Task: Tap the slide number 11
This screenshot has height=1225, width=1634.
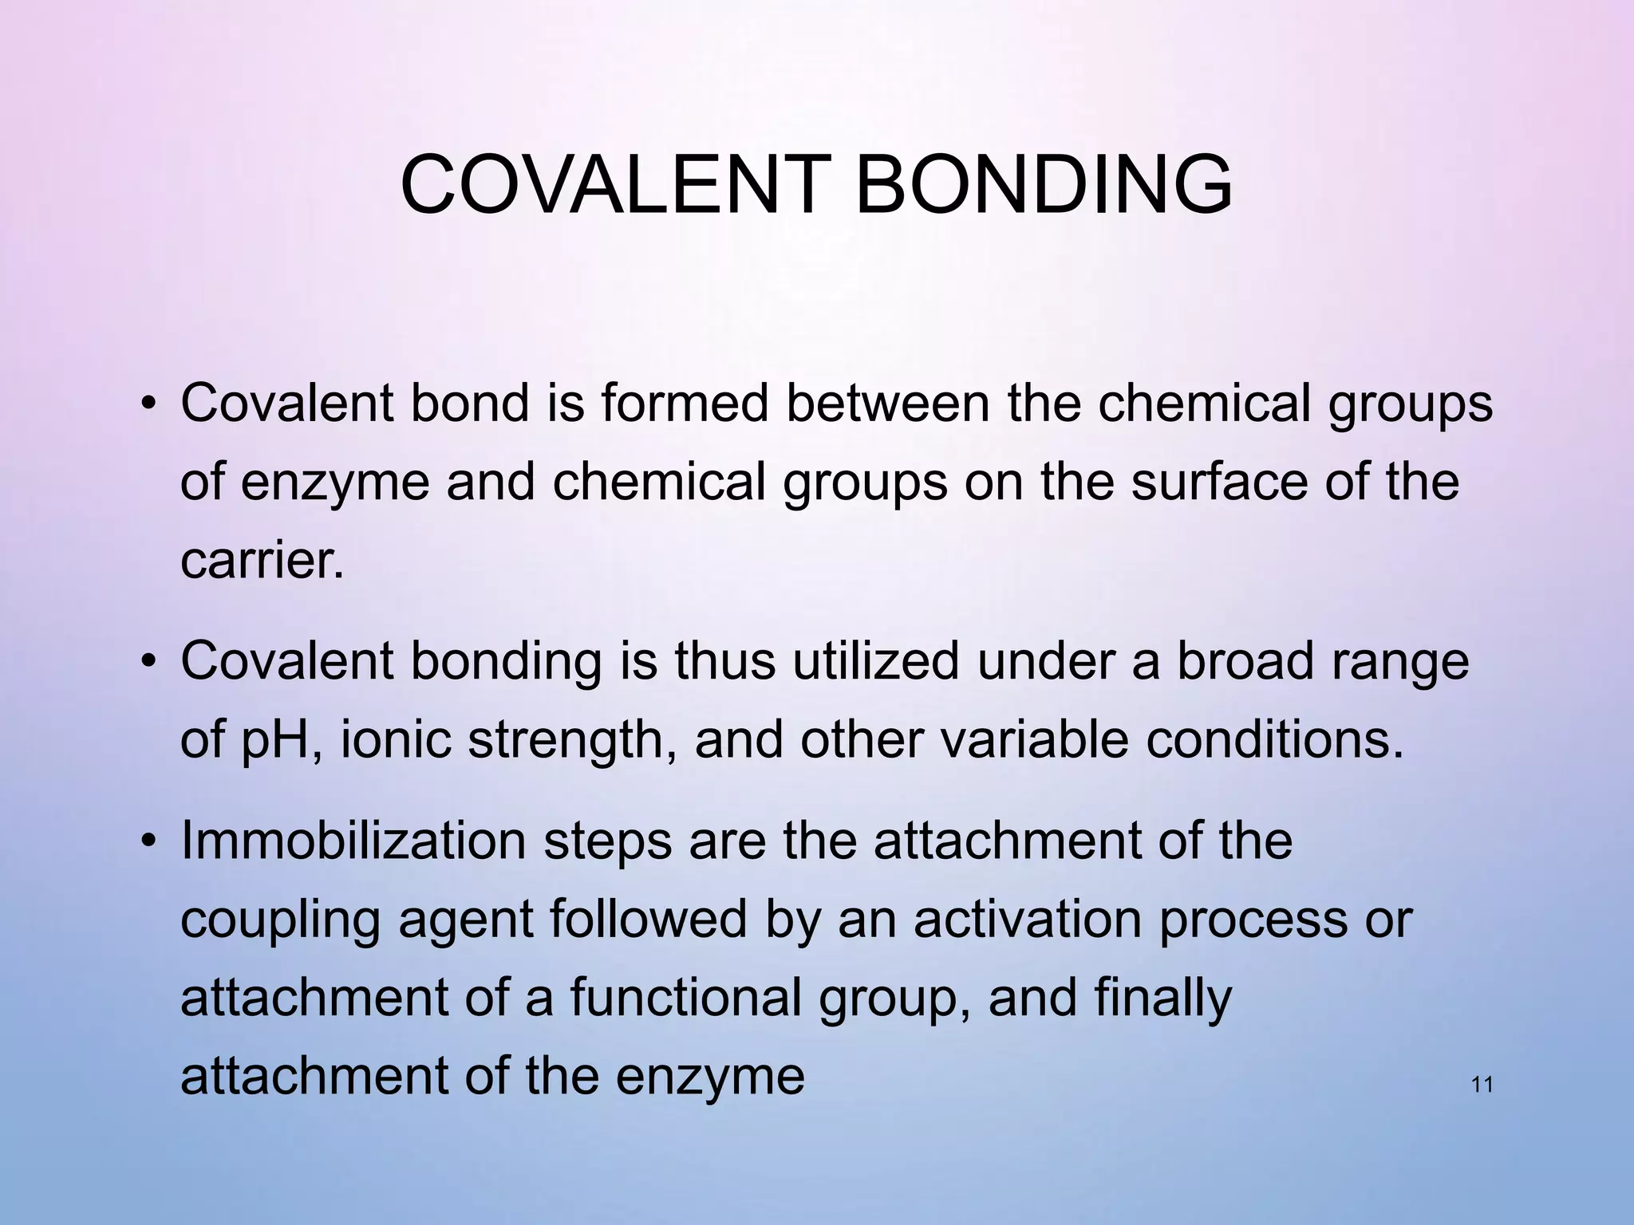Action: (1481, 1085)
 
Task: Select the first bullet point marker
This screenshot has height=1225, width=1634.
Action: (148, 404)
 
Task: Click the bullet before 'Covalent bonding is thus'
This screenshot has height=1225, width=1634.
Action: (148, 663)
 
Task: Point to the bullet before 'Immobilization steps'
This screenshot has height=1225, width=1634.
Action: (148, 841)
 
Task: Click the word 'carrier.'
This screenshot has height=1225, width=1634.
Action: (262, 561)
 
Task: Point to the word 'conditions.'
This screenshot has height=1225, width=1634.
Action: (1274, 740)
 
